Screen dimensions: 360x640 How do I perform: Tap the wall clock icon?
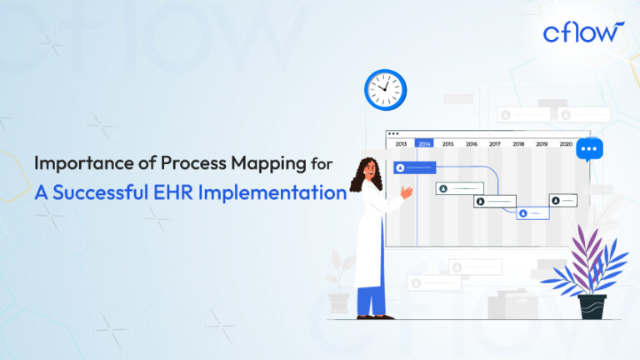[385, 88]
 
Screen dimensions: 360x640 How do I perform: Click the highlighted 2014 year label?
[424, 144]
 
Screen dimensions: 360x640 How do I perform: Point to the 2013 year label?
[401, 144]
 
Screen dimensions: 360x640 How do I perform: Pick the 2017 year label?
[495, 144]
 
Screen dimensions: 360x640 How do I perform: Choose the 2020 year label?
[566, 144]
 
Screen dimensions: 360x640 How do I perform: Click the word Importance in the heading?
[79, 164]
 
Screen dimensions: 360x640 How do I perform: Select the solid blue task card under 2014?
[414, 167]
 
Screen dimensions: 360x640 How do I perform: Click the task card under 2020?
[562, 200]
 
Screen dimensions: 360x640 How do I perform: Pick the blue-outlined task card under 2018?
[532, 213]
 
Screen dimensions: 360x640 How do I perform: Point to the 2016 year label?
[472, 144]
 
